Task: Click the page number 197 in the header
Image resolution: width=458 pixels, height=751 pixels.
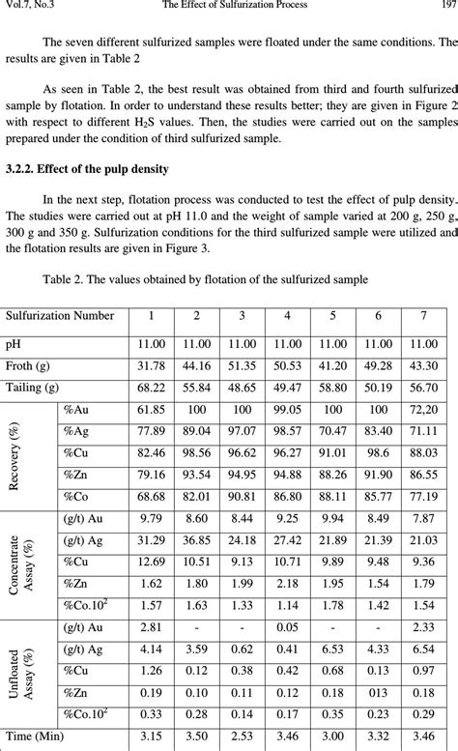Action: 446,5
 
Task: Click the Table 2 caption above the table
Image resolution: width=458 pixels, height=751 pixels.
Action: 205,280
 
